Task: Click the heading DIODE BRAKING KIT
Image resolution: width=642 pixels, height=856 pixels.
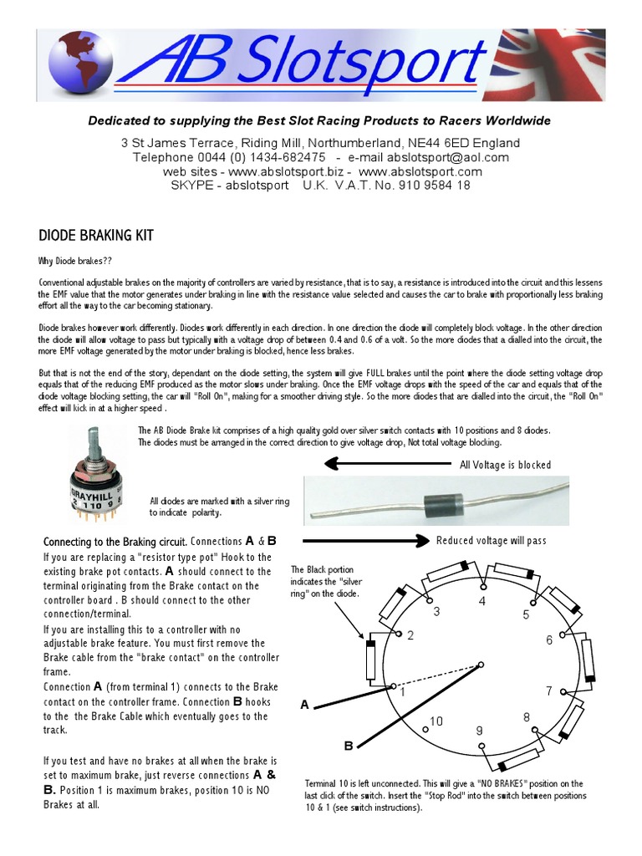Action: tap(96, 236)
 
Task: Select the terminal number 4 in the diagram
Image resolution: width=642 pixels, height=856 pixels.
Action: tap(481, 601)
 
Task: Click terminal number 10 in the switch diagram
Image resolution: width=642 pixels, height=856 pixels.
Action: tap(436, 721)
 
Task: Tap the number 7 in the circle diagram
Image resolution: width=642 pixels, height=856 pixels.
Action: tap(549, 690)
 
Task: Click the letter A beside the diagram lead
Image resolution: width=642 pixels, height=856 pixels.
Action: tap(305, 706)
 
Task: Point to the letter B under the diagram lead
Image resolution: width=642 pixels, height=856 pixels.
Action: tap(349, 745)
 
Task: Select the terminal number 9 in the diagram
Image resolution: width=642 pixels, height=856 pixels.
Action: tap(479, 731)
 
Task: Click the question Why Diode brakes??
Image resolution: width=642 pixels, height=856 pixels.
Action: tap(74, 261)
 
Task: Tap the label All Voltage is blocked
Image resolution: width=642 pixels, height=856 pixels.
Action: tap(506, 465)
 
